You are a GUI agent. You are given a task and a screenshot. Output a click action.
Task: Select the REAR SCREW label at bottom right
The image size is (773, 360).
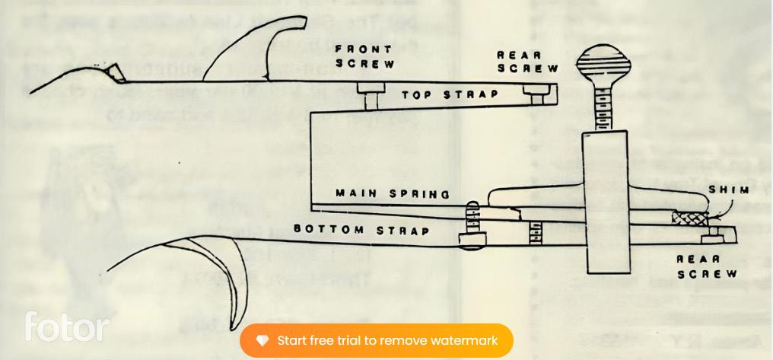click(x=707, y=266)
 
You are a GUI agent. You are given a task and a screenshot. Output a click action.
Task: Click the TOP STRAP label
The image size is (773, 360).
click(x=450, y=95)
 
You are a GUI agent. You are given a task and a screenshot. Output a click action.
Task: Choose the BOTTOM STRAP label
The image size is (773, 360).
click(x=361, y=230)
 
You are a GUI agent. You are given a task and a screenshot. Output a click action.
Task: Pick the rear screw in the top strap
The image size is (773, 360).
click(x=536, y=97)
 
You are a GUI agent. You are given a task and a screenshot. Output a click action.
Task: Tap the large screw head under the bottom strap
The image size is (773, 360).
click(x=472, y=239)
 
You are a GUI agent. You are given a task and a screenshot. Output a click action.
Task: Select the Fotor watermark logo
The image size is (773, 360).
click(x=67, y=327)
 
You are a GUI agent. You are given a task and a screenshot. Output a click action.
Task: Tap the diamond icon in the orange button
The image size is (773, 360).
click(x=262, y=340)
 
